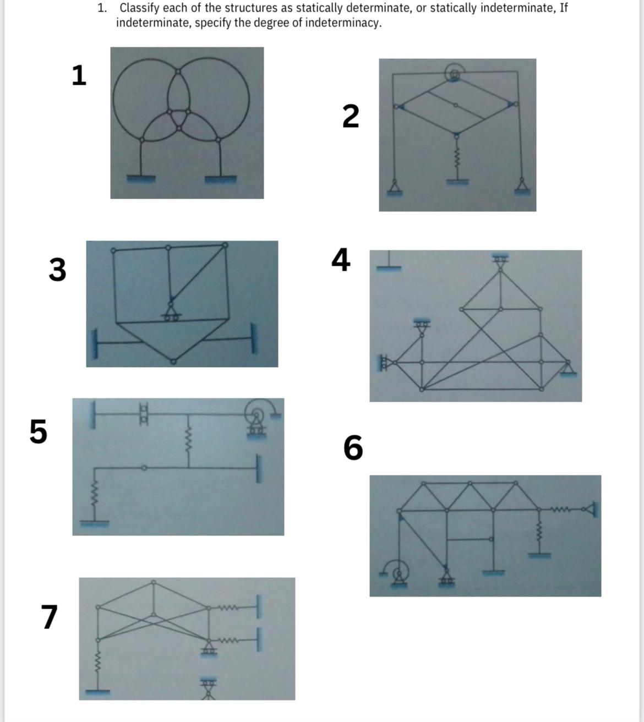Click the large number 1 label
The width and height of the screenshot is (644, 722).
79,75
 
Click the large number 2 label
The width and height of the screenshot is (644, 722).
351,116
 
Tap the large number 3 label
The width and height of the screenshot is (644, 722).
57,270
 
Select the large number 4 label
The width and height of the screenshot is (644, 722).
341,260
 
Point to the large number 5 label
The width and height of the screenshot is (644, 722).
38,431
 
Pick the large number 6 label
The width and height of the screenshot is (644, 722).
353,447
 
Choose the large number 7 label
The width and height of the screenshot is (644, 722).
49,617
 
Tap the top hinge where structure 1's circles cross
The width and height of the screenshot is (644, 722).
178,72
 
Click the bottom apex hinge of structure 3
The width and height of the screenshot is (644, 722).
173,362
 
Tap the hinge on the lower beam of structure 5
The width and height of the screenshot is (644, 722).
144,468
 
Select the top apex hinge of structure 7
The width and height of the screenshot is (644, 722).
154,582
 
